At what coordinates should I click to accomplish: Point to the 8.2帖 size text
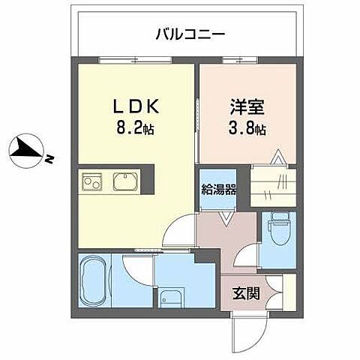[x=135, y=128]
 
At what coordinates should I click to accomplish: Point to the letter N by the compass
[x=47, y=159]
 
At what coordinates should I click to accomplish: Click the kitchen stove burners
[x=93, y=182]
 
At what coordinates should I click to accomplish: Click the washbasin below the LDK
[x=171, y=298]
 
